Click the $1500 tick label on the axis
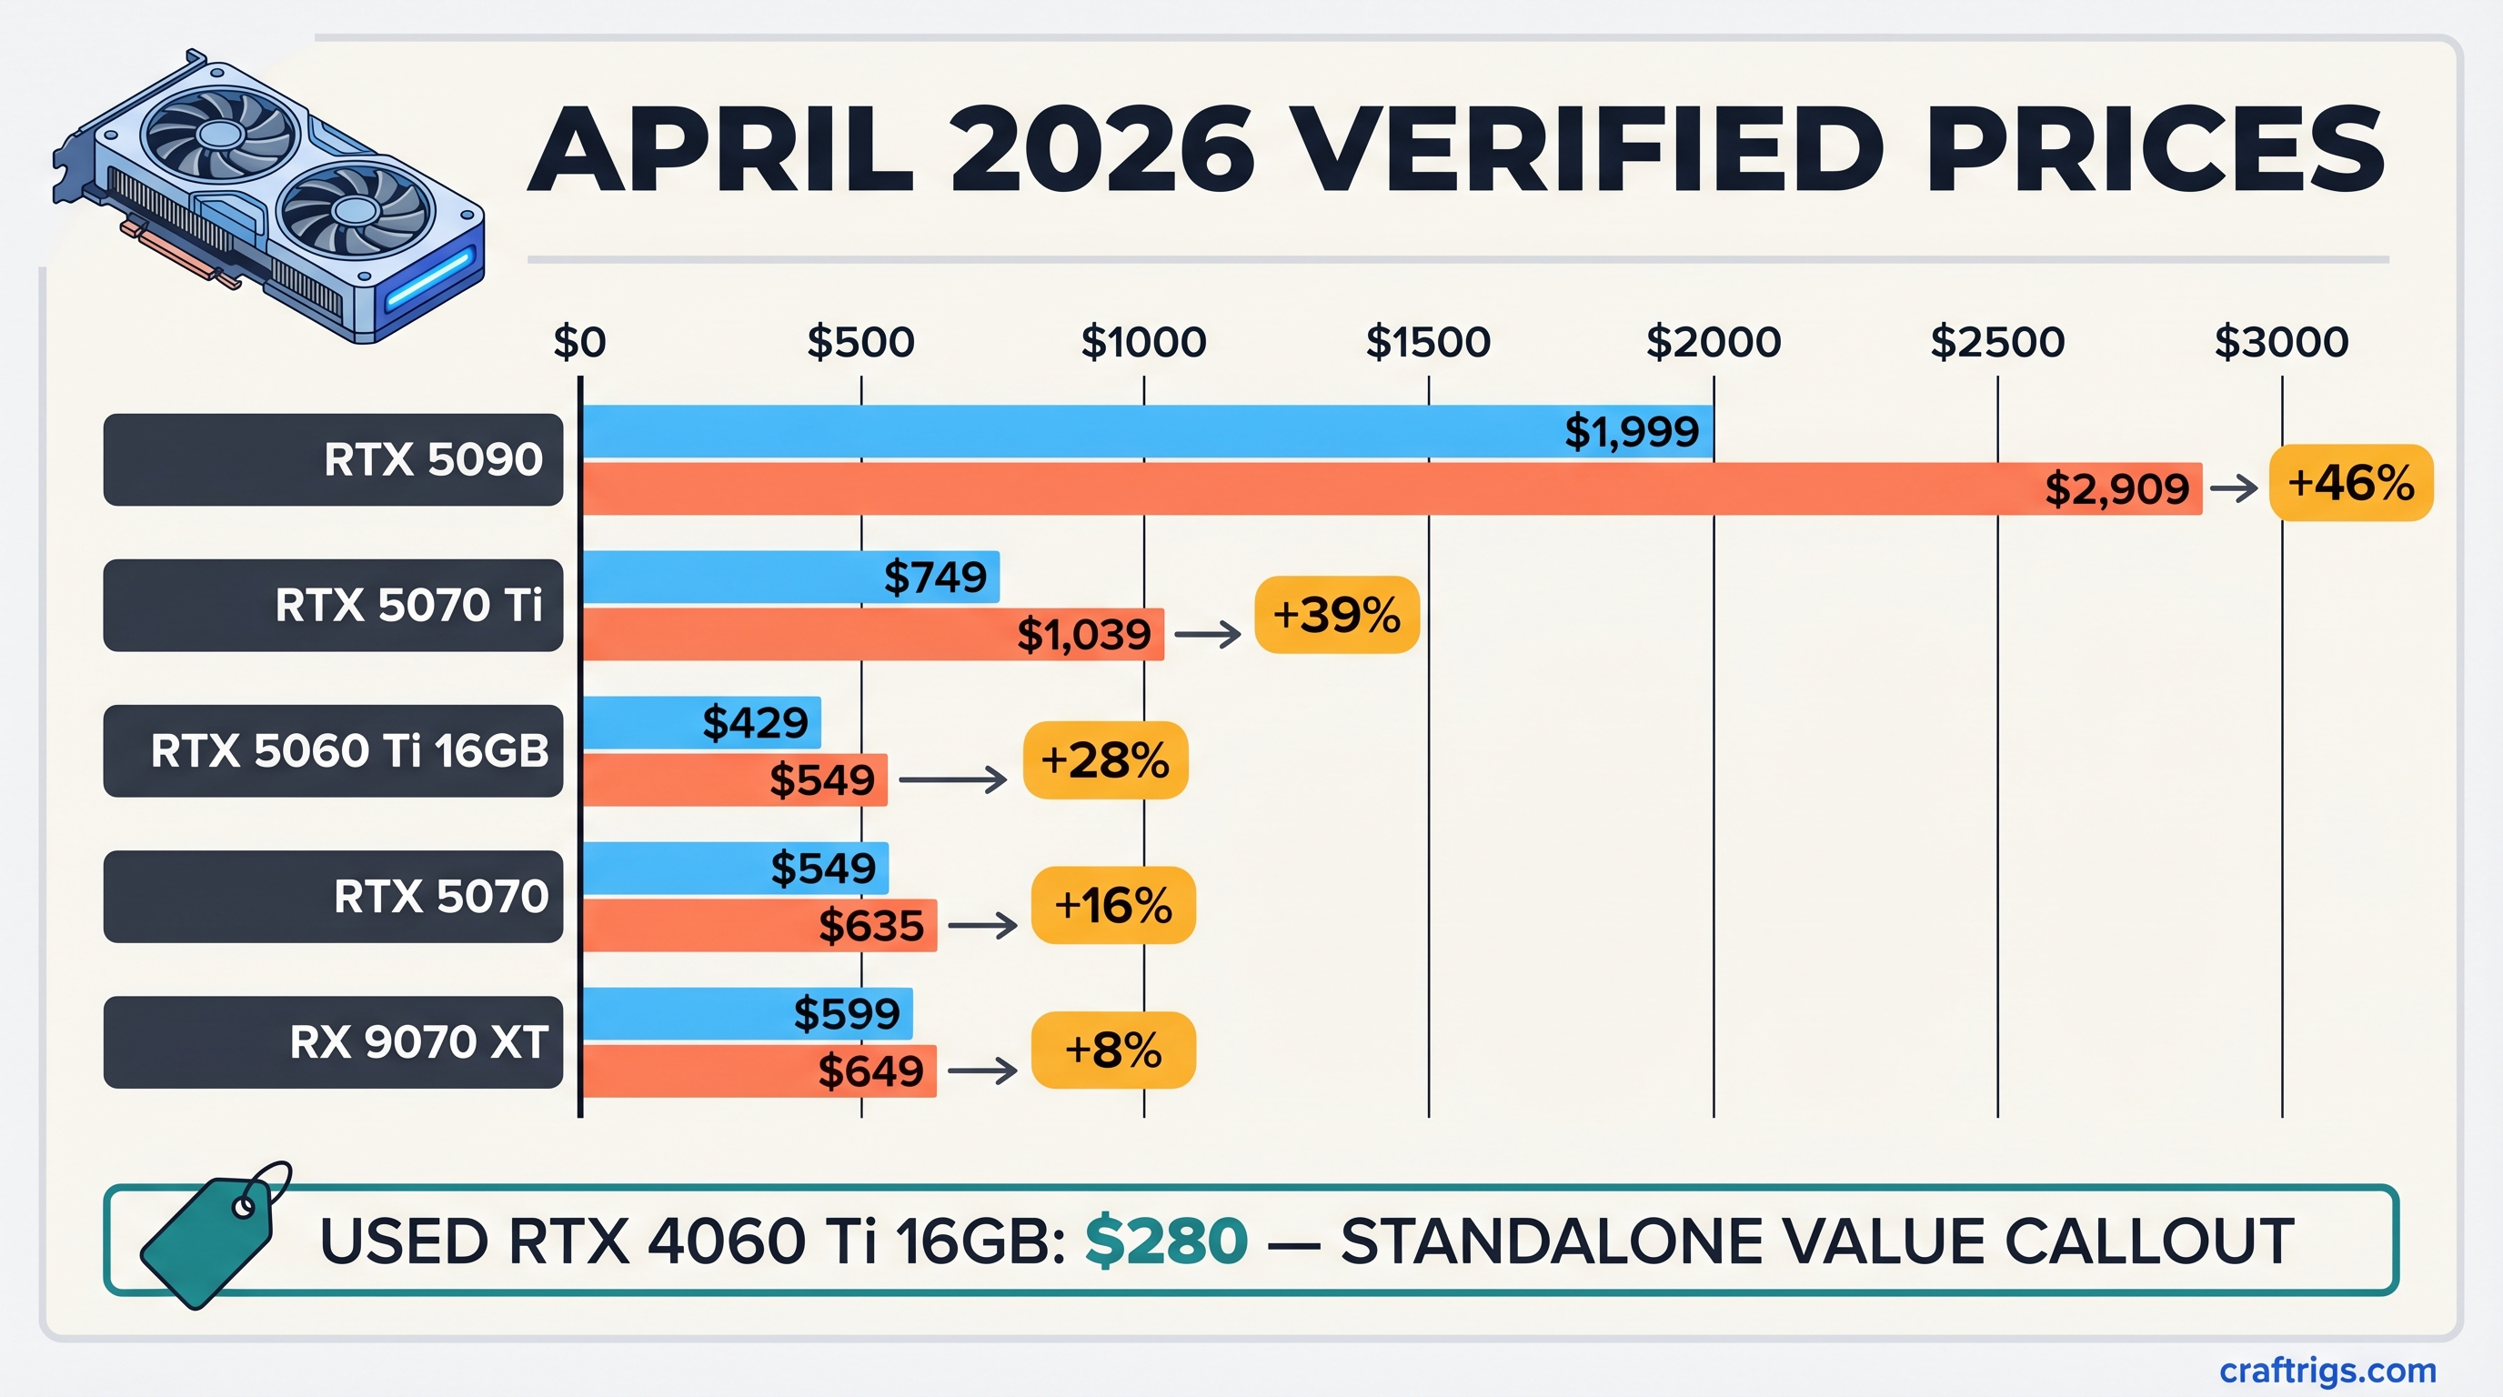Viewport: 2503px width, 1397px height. tap(1427, 342)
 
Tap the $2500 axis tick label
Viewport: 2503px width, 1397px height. tap(1996, 342)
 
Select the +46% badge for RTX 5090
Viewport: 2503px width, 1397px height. tap(2350, 483)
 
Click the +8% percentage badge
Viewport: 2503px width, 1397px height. tap(1112, 1050)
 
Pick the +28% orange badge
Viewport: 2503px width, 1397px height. tap(1105, 760)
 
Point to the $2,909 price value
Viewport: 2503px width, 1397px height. tap(2116, 488)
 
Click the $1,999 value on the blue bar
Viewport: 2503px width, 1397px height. tap(1632, 431)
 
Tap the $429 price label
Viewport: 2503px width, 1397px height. tap(755, 723)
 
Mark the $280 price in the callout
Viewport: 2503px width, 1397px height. tap(1166, 1241)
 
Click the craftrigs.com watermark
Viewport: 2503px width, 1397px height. tap(2327, 1370)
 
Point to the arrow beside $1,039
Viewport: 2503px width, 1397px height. tap(1207, 635)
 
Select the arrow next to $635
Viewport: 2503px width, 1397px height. tap(981, 926)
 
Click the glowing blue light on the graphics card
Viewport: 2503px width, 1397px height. tap(428, 280)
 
